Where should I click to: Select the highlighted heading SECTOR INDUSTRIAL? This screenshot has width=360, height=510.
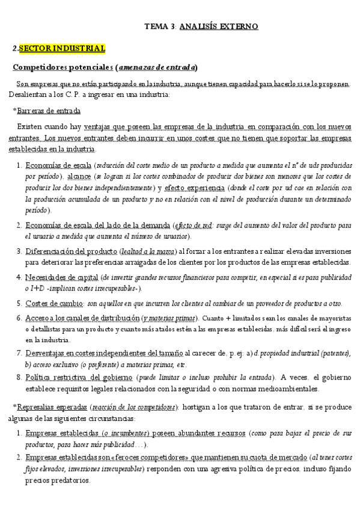[x=62, y=48]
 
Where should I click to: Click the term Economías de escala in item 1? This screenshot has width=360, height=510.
[x=59, y=165]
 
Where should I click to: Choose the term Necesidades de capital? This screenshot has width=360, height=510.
[x=61, y=277]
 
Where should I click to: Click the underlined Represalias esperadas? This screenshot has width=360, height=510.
[x=53, y=407]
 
